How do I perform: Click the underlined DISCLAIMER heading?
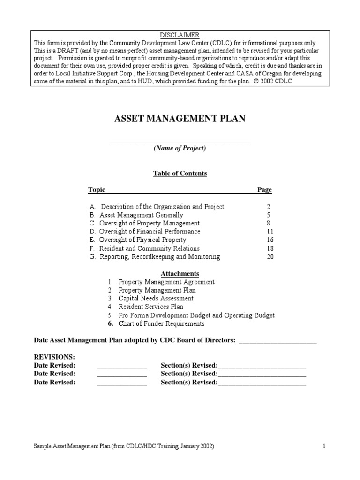[180, 35]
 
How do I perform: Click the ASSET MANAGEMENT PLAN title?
[180, 119]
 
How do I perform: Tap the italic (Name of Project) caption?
[180, 148]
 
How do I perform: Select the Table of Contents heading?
[180, 173]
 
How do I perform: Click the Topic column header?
[97, 190]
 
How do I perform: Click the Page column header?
[264, 190]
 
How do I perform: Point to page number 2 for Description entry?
[268, 207]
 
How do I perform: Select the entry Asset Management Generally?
[141, 215]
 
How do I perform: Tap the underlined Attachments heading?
[180, 274]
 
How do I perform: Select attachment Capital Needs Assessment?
[156, 299]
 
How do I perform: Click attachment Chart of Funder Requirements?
[161, 324]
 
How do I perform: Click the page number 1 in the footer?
[323, 447]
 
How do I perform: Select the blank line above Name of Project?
[180, 141]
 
